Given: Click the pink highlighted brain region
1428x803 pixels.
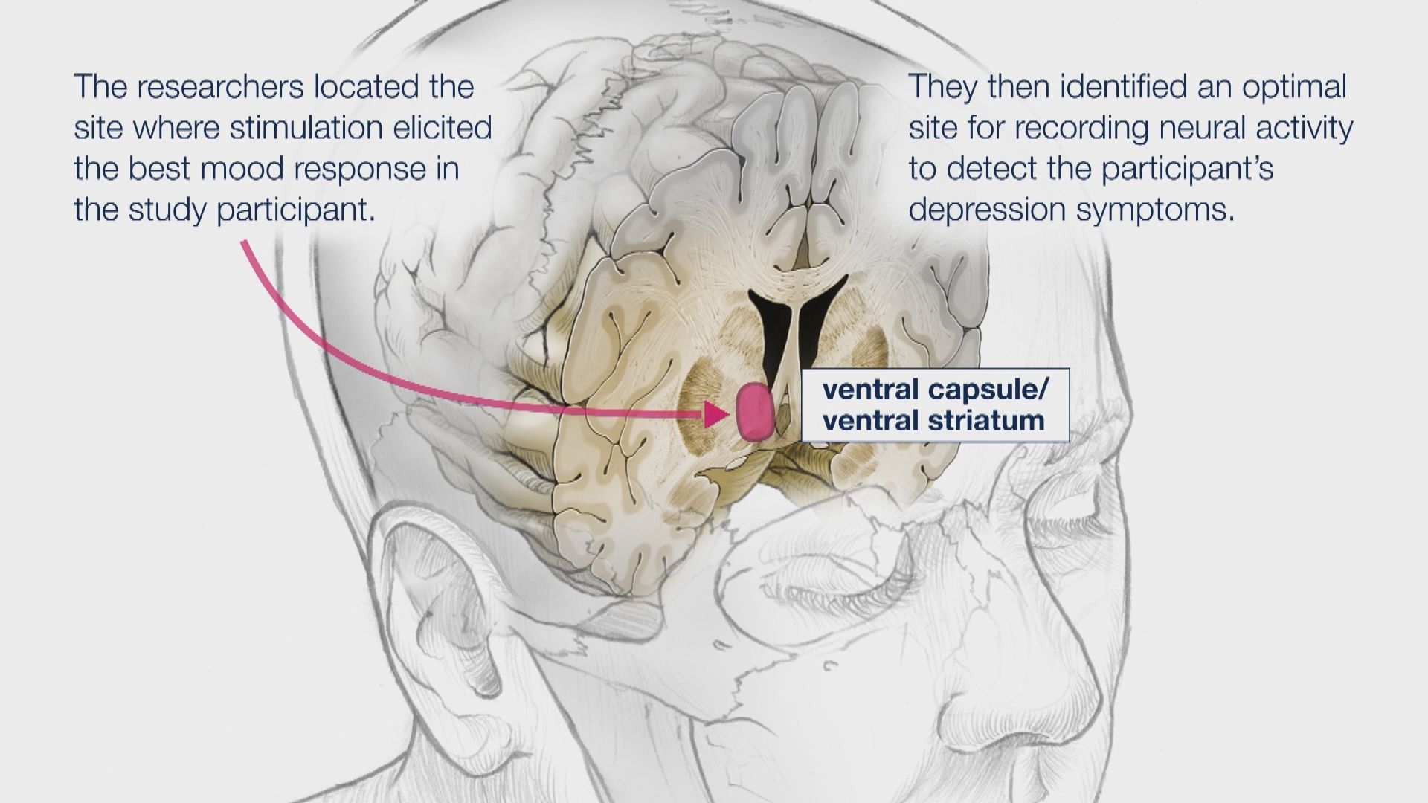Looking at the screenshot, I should pyautogui.click(x=756, y=413).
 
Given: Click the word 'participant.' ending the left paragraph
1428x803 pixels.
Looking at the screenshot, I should pyautogui.click(x=296, y=210).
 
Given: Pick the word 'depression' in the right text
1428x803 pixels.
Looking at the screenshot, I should pyautogui.click(x=985, y=210).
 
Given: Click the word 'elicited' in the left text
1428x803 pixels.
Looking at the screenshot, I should pyautogui.click(x=455, y=128).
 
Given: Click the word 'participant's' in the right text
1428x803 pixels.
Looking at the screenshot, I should pyautogui.click(x=1187, y=169).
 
